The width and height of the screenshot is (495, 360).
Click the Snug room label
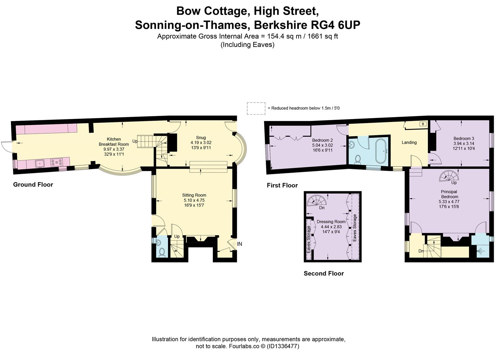201,137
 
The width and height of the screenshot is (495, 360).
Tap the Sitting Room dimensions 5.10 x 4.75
194,200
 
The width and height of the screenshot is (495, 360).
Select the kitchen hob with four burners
57,163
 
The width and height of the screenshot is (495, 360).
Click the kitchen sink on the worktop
40,163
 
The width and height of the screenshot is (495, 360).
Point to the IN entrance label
239,244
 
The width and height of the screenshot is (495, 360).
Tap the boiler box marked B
423,124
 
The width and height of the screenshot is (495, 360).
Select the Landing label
409,142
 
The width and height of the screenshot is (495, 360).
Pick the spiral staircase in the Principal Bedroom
449,176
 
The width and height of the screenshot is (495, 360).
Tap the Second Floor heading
324,273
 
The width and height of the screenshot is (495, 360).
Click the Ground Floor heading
33,184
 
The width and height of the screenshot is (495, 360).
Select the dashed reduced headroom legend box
256,108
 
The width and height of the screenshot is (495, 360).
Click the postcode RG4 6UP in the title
336,25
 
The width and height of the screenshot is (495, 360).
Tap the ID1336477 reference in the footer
283,346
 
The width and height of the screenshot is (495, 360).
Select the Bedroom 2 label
323,140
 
